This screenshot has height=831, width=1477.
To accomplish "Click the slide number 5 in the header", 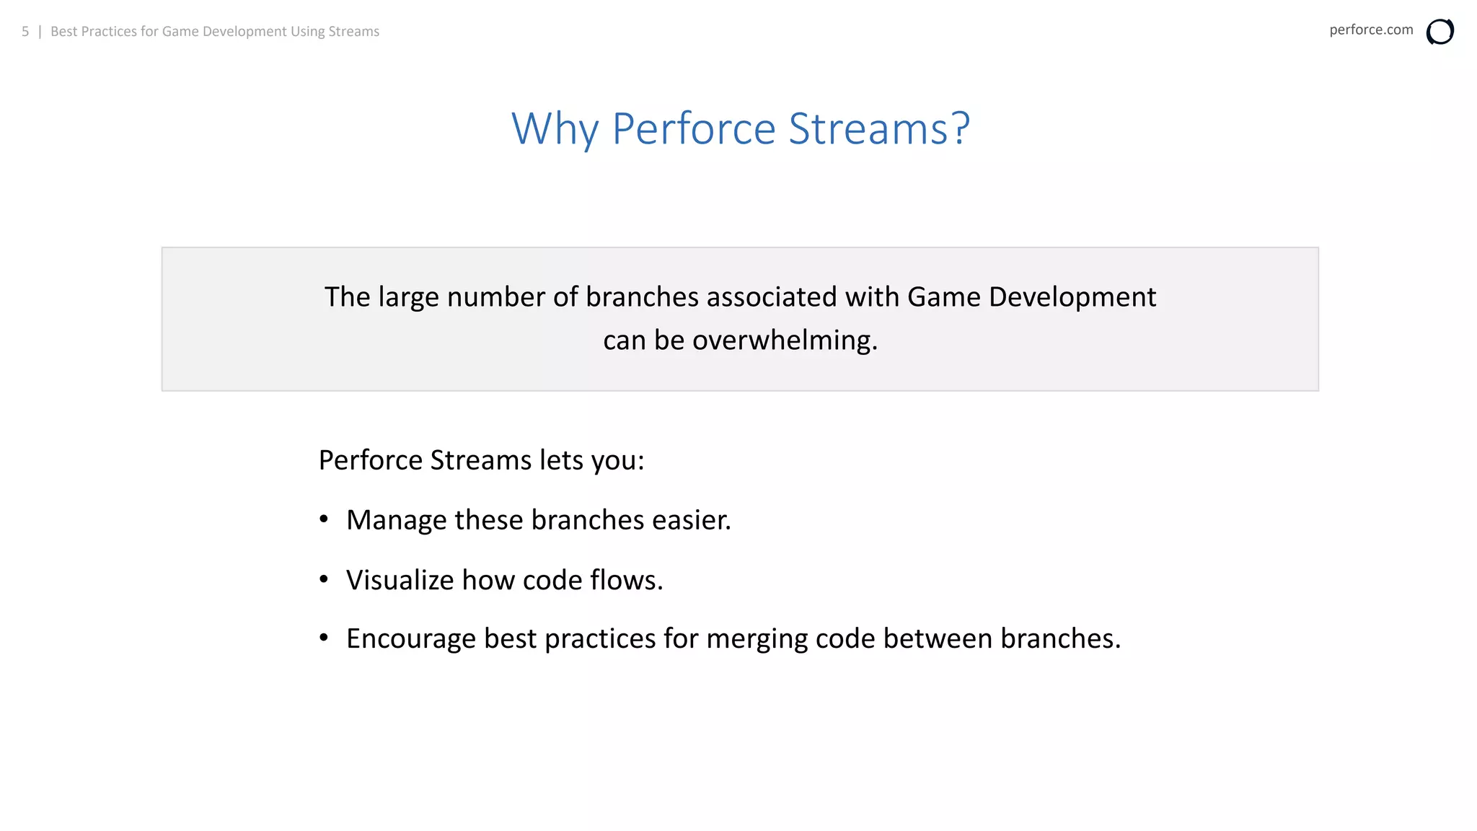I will [25, 31].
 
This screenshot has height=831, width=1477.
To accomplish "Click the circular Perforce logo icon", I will [1439, 32].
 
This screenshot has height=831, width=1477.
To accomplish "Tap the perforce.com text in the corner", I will [1370, 30].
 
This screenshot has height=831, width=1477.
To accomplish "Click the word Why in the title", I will [555, 129].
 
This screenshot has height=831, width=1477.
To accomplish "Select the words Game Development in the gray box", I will [1031, 296].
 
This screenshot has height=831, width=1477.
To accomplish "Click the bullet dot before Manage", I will [324, 519].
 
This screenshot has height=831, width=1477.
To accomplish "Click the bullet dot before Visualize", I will [324, 579].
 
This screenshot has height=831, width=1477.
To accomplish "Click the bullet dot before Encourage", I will [324, 638].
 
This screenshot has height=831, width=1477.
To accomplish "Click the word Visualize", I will [400, 580].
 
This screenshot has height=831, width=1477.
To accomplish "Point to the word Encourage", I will [411, 639].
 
